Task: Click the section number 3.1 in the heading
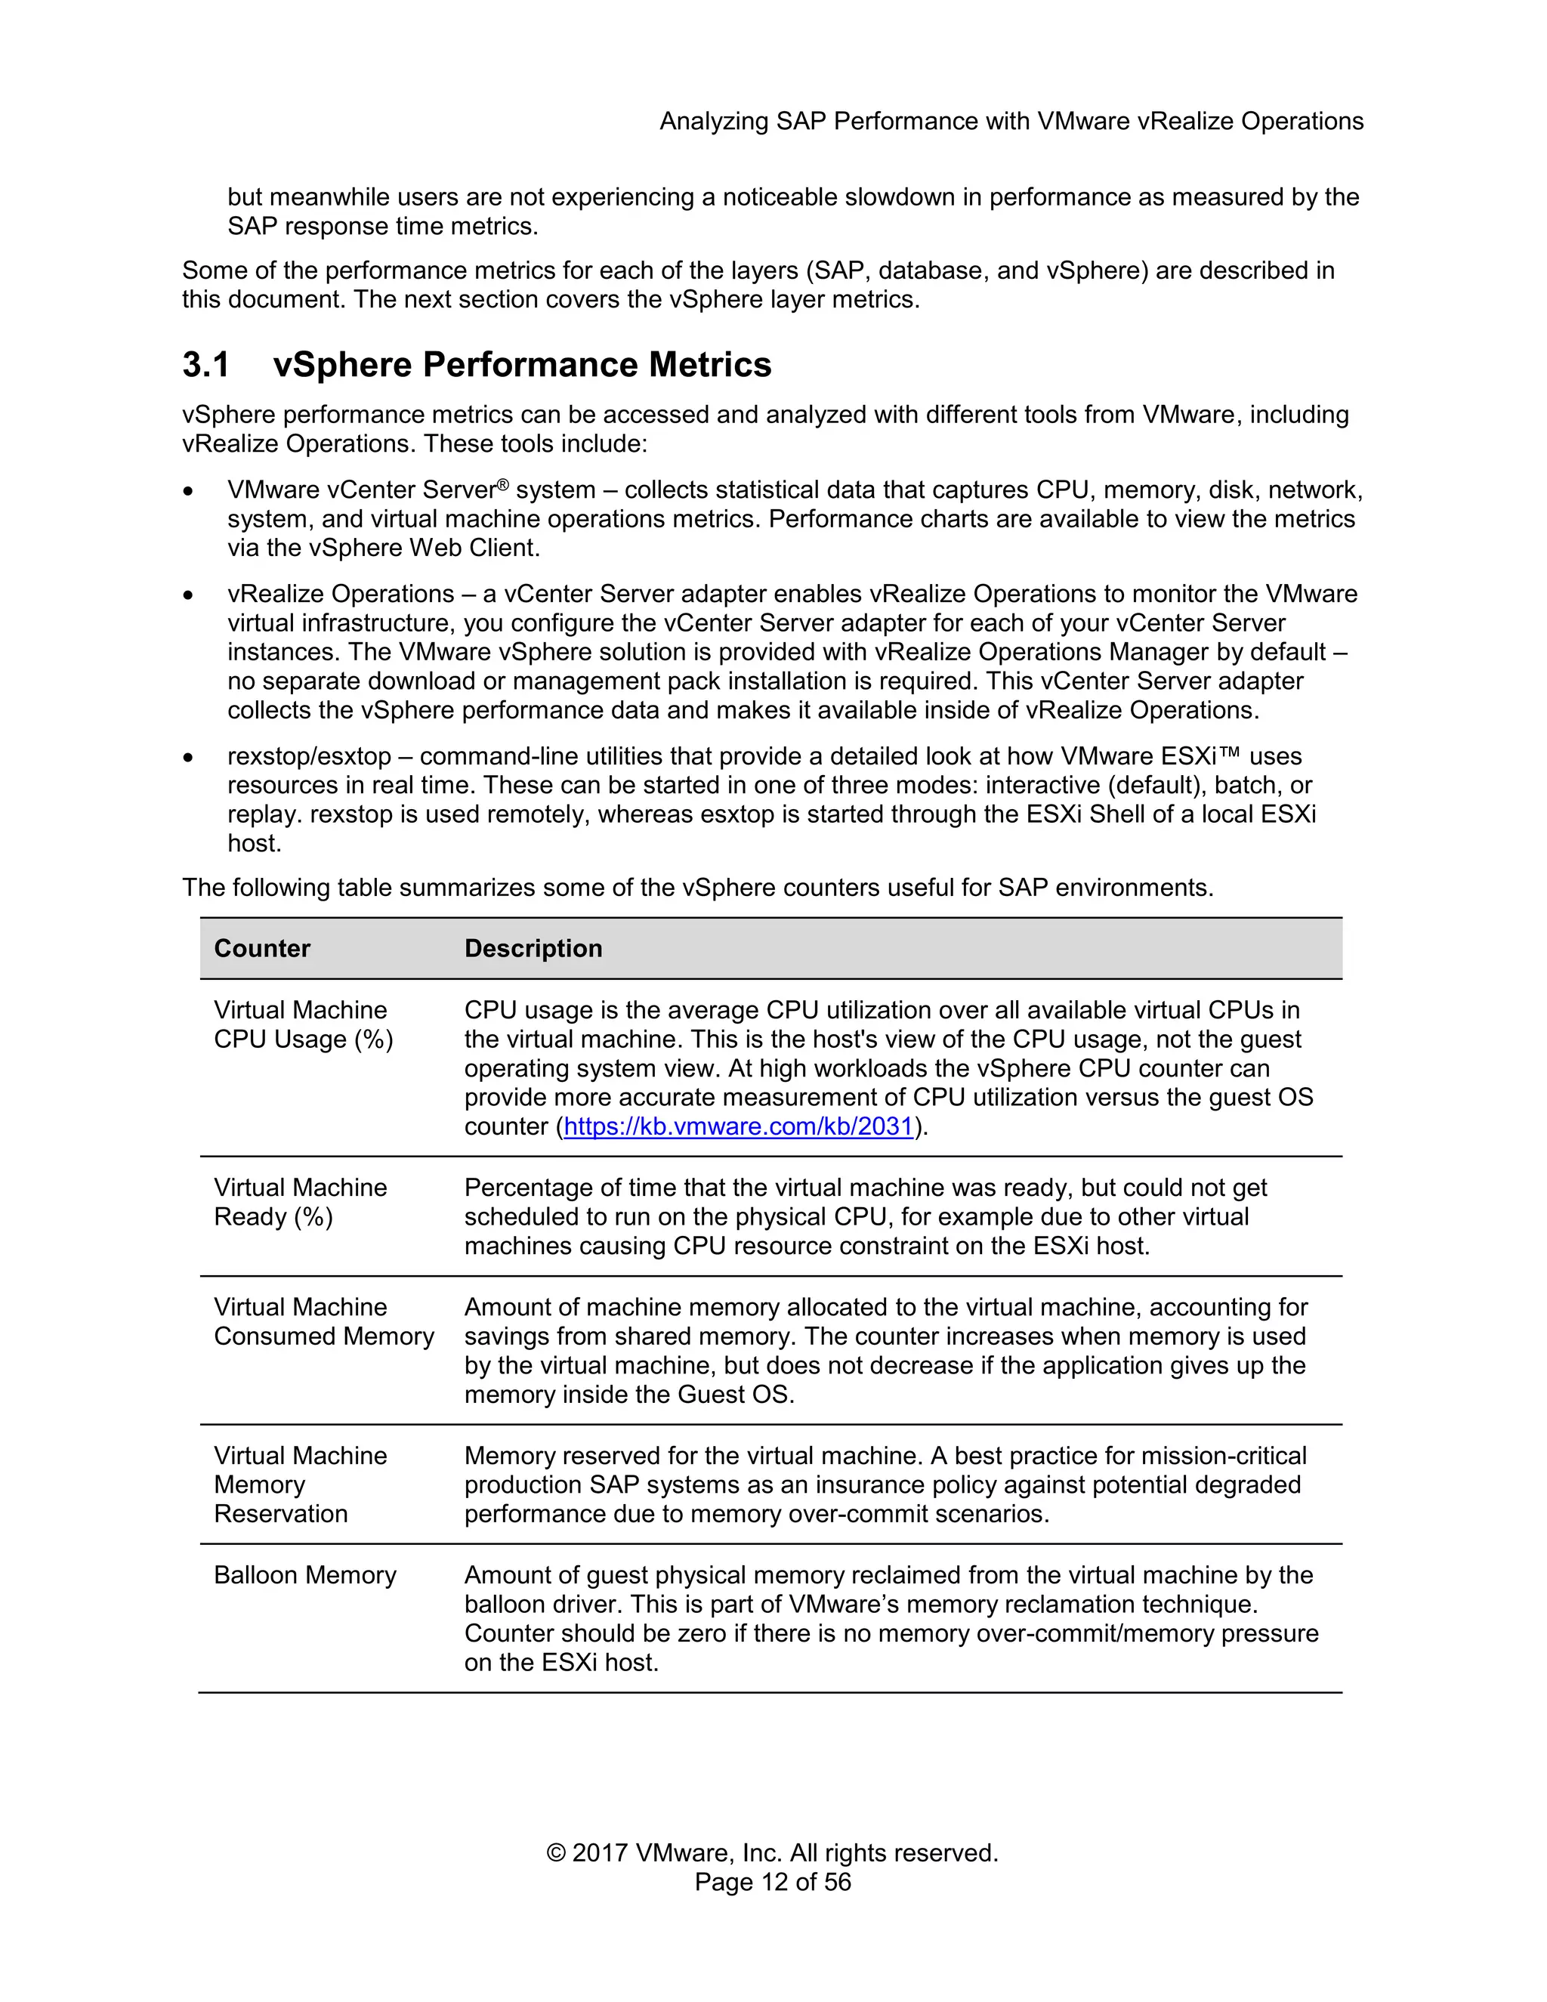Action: point(205,365)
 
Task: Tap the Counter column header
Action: point(262,948)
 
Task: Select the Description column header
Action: point(533,948)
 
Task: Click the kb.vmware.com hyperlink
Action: point(739,1126)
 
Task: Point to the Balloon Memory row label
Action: point(305,1575)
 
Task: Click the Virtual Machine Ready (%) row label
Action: point(300,1202)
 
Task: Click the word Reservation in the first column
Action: point(280,1513)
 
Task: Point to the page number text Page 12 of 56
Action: point(773,1882)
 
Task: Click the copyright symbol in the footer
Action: point(555,1852)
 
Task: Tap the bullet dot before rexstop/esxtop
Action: point(188,758)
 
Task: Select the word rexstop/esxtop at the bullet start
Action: point(309,756)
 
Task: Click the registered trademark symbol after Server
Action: point(502,485)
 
